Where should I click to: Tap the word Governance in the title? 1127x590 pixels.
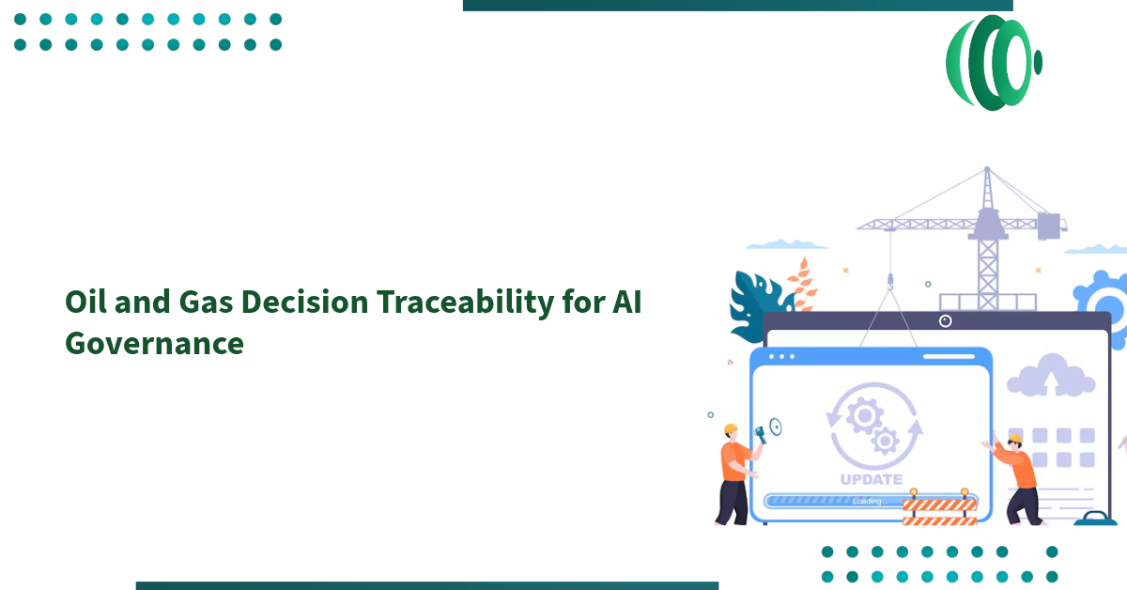154,344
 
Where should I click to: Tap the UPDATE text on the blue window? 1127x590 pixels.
871,479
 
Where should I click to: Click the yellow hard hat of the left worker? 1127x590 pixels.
731,429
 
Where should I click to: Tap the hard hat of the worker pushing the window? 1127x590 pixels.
1014,439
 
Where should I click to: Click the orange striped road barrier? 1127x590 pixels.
939,510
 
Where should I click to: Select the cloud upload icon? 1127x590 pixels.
1051,375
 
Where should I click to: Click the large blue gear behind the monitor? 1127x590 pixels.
1104,301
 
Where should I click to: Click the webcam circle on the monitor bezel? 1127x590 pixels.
946,321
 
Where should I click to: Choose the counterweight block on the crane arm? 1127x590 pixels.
1051,225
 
